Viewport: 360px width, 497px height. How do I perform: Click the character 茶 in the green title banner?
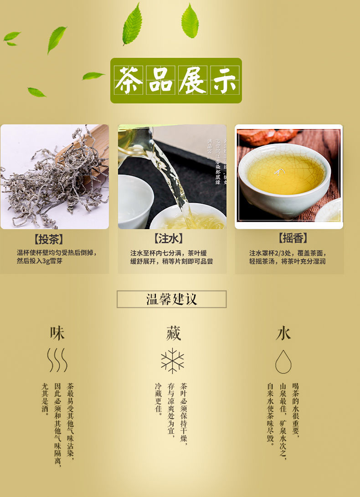click(x=129, y=80)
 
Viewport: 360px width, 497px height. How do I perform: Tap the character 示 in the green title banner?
click(x=224, y=80)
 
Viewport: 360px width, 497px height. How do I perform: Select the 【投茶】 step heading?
click(x=48, y=239)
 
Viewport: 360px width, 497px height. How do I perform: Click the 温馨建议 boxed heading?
click(x=171, y=299)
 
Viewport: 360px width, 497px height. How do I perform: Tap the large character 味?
click(x=57, y=333)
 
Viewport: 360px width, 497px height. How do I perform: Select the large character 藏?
click(x=173, y=333)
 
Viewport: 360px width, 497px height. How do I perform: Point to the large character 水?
click(x=283, y=333)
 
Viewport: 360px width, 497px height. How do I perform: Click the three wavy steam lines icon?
click(x=57, y=360)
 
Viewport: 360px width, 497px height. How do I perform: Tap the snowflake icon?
click(x=173, y=361)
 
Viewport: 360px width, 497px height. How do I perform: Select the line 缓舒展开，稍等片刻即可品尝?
click(x=171, y=261)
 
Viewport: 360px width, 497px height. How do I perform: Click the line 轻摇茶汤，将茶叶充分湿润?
click(x=287, y=261)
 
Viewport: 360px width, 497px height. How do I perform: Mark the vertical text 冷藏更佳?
click(x=159, y=399)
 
